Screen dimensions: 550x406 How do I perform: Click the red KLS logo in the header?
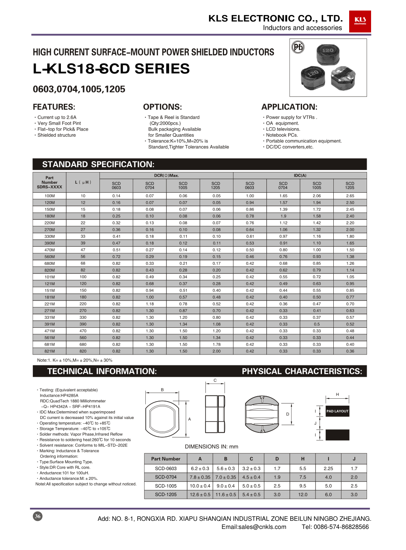360,21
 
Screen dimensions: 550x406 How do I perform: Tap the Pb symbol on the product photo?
298,47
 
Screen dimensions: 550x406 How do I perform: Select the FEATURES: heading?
54,107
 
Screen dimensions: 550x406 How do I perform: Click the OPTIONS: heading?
162,107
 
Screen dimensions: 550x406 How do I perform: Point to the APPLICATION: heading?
289,107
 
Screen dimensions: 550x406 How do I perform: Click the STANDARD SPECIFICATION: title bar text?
98,164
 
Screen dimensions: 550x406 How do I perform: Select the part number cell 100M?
50,196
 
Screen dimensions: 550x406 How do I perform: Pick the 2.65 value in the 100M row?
350,196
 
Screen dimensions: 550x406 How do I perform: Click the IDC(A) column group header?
300,176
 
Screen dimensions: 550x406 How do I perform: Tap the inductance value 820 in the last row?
83,351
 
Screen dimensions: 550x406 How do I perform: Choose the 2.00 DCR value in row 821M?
216,351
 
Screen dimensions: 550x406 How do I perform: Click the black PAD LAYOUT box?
337,411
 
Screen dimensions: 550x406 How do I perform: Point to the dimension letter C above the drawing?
215,380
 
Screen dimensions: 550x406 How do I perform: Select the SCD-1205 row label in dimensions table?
166,494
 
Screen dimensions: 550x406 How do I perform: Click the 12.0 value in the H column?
303,494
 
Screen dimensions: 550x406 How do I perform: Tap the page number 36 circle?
37,516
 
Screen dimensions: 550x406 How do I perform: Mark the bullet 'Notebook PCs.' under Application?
282,135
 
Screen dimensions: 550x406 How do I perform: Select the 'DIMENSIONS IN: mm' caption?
212,447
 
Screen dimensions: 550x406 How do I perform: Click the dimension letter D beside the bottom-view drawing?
287,414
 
